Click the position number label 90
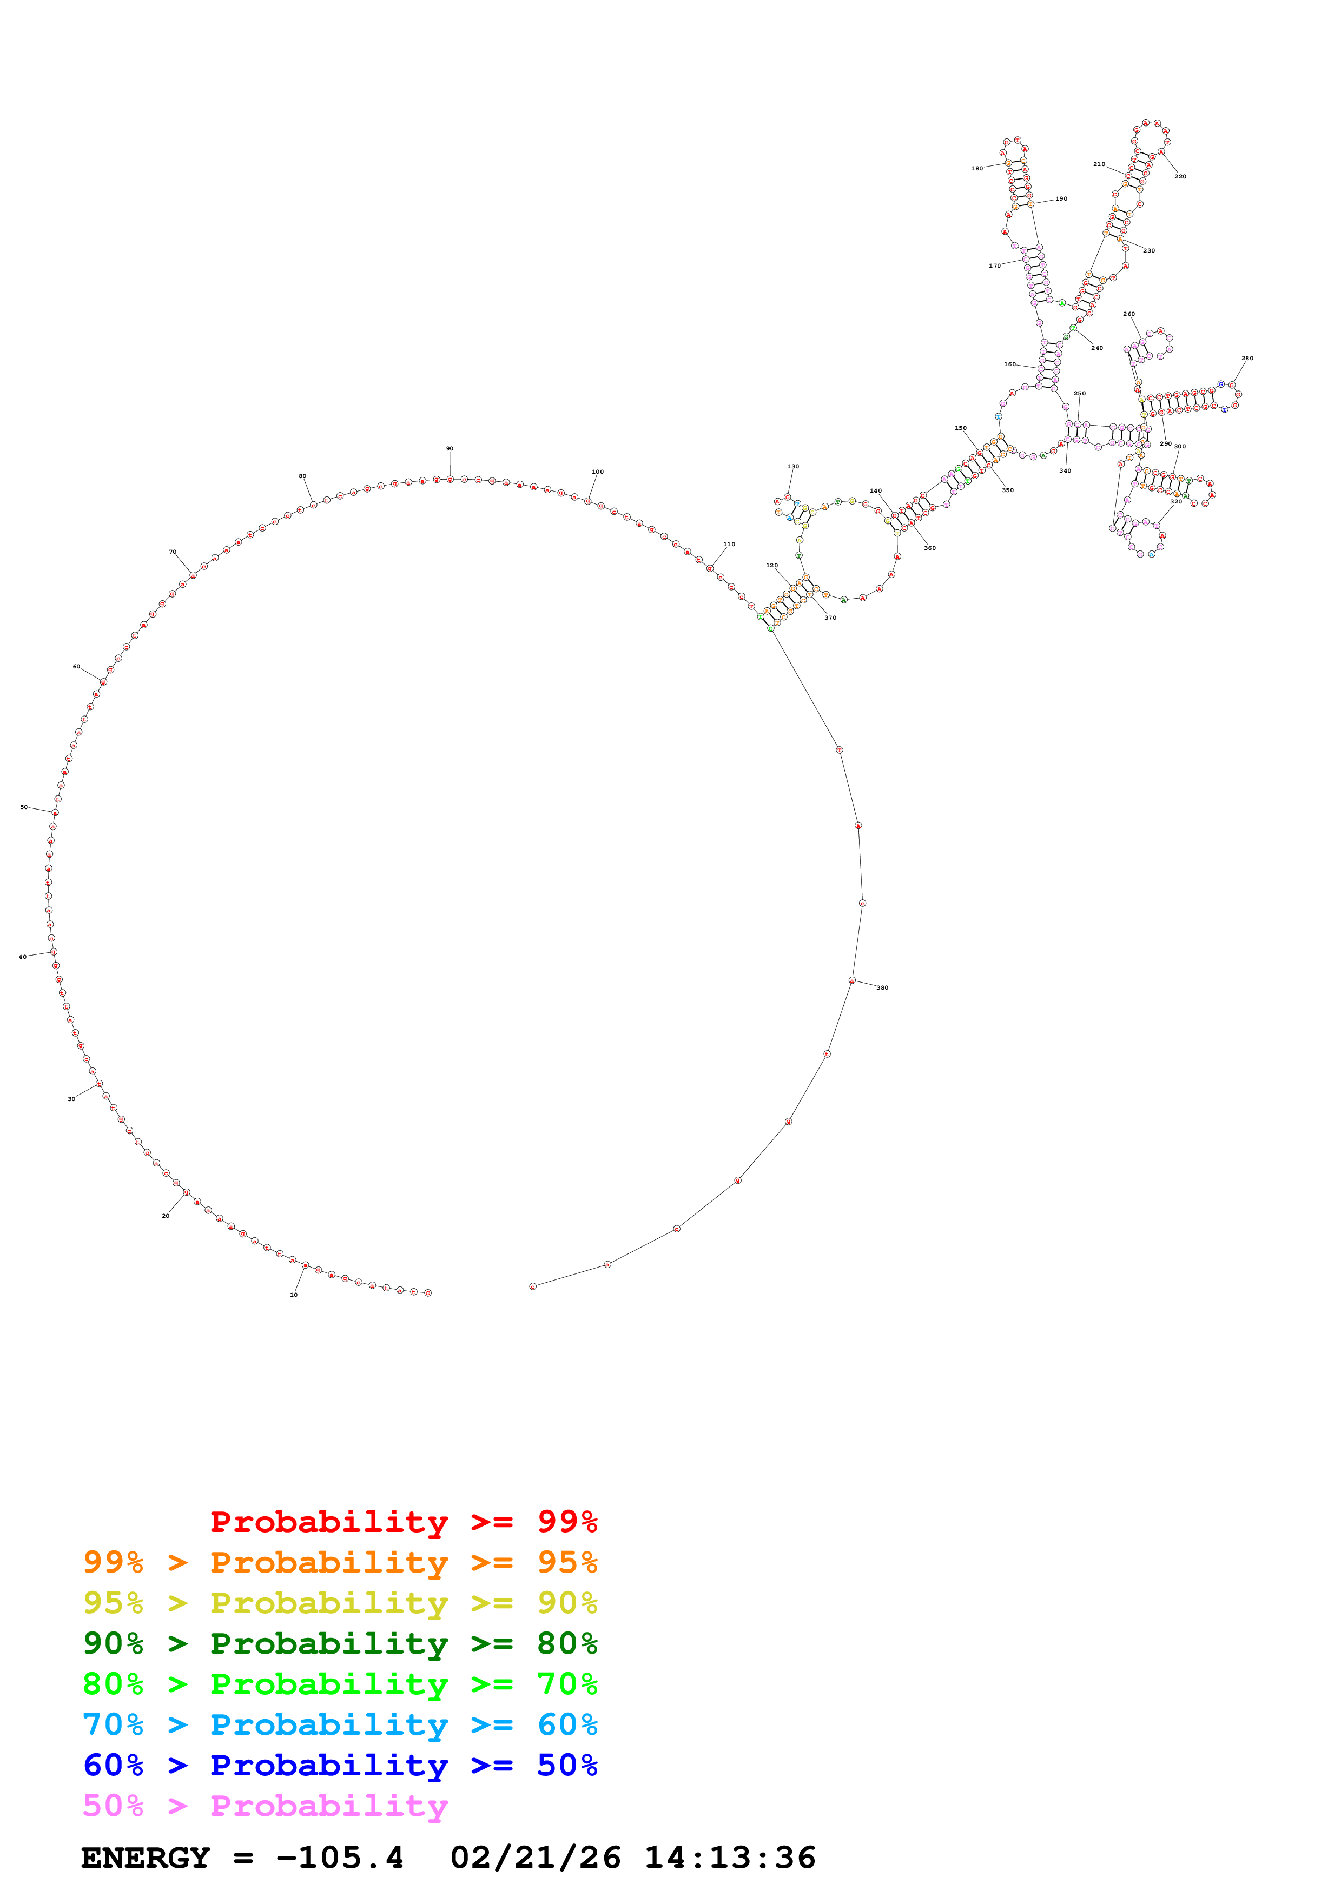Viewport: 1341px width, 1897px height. pos(450,449)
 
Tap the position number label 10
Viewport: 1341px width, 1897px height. pos(293,1295)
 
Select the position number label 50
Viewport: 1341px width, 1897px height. pos(24,807)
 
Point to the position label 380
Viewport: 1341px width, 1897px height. pos(882,987)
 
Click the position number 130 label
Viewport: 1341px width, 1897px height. pos(792,467)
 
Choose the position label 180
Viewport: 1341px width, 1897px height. pos(976,169)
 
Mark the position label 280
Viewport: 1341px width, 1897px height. pos(1247,359)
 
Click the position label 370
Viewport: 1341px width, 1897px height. pos(830,618)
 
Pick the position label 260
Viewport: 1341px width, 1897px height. pos(1128,314)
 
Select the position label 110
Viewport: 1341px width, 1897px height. pos(729,545)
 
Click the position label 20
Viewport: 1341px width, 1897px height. pos(165,1216)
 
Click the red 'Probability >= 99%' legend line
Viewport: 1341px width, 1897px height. pos(403,1521)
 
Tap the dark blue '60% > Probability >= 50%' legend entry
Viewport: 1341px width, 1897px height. pos(340,1765)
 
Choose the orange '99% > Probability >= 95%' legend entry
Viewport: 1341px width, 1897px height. pos(340,1562)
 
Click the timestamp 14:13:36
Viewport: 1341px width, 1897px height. pos(730,1858)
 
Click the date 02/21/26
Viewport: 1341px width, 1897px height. pos(536,1858)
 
